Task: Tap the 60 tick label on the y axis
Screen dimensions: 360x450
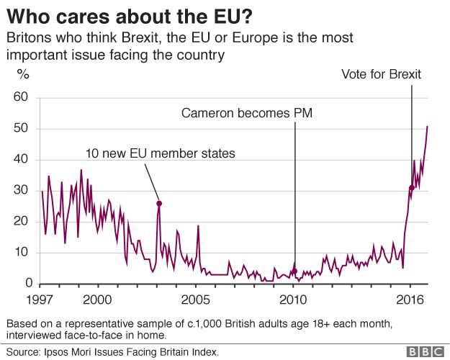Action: pyautogui.click(x=22, y=97)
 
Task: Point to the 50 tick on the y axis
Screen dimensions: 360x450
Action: pyautogui.click(x=22, y=129)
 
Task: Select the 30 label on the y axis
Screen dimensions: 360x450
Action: pyautogui.click(x=22, y=191)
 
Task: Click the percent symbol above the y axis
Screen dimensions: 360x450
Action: pyautogui.click(x=23, y=73)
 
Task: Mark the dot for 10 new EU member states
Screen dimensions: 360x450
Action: pyautogui.click(x=159, y=204)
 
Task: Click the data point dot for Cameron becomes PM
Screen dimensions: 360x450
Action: pyautogui.click(x=294, y=271)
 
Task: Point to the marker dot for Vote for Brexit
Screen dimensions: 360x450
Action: pyautogui.click(x=411, y=188)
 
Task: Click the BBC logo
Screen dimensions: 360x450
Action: pyautogui.click(x=424, y=351)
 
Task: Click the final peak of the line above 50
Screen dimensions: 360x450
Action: pyautogui.click(x=428, y=127)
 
